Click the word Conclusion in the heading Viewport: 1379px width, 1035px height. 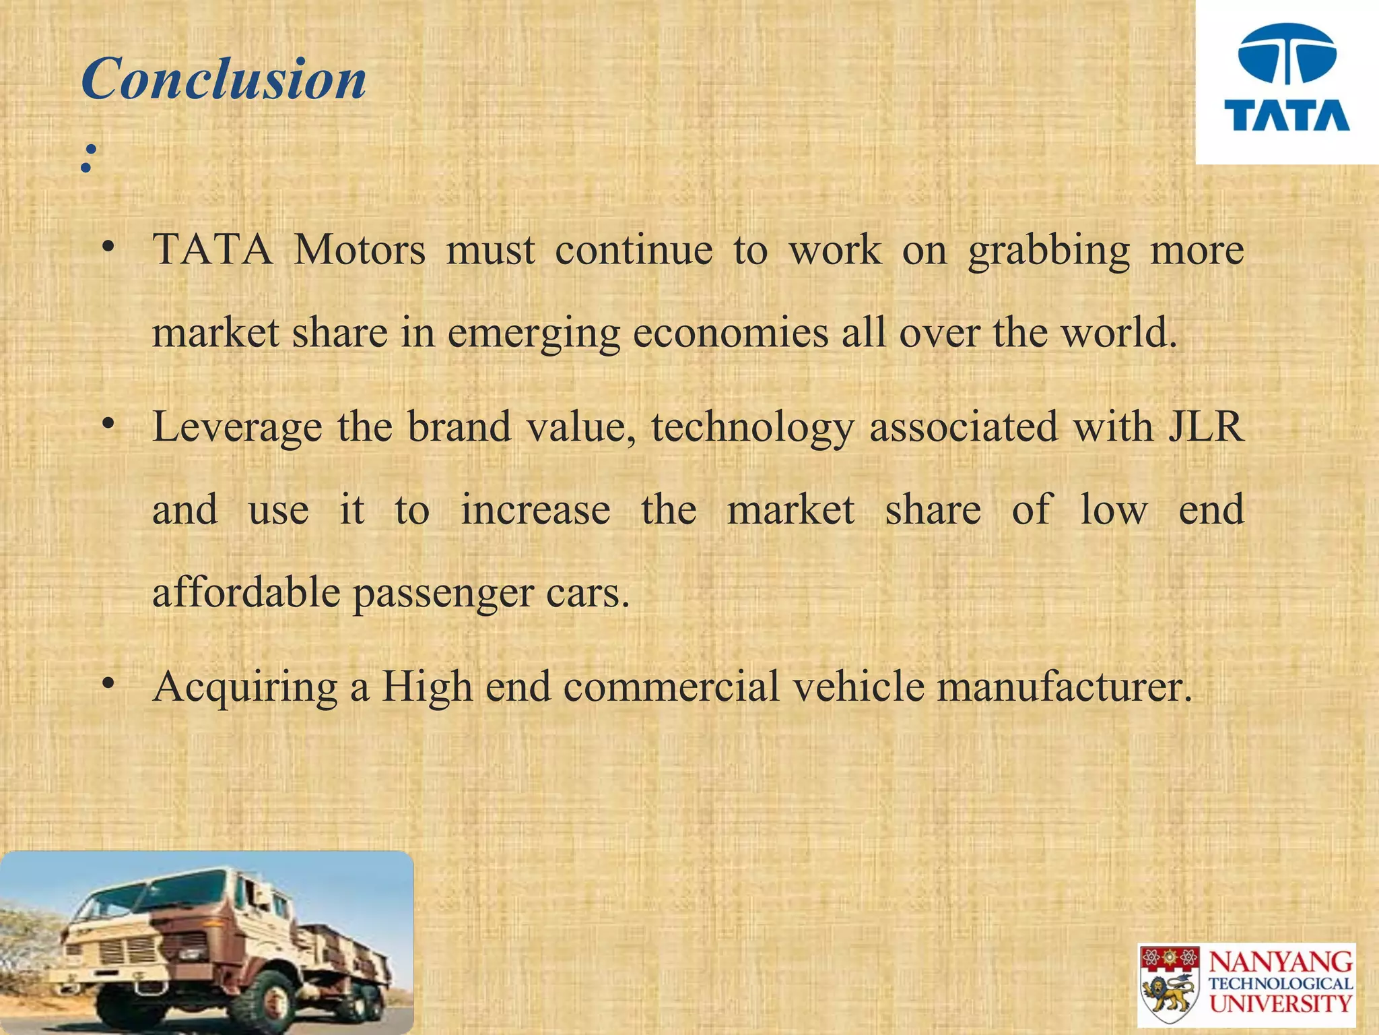pyautogui.click(x=224, y=80)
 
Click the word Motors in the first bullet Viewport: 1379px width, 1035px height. pyautogui.click(x=360, y=250)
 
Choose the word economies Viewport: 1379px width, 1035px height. pyautogui.click(x=731, y=332)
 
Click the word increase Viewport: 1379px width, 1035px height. pyautogui.click(x=535, y=509)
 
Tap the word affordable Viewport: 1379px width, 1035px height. pyautogui.click(x=246, y=592)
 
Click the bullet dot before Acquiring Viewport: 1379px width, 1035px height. pyautogui.click(x=107, y=684)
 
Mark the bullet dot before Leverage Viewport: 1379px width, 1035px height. pyautogui.click(x=107, y=425)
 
